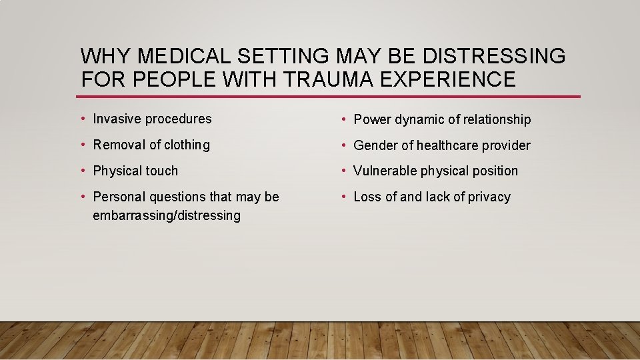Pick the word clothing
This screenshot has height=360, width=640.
click(x=184, y=145)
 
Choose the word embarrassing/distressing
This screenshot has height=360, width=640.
click(x=167, y=215)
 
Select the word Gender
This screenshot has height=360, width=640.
click(x=375, y=145)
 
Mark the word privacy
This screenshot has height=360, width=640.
click(x=489, y=197)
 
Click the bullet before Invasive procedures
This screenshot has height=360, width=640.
click(x=82, y=119)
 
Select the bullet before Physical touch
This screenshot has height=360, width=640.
click(x=82, y=171)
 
